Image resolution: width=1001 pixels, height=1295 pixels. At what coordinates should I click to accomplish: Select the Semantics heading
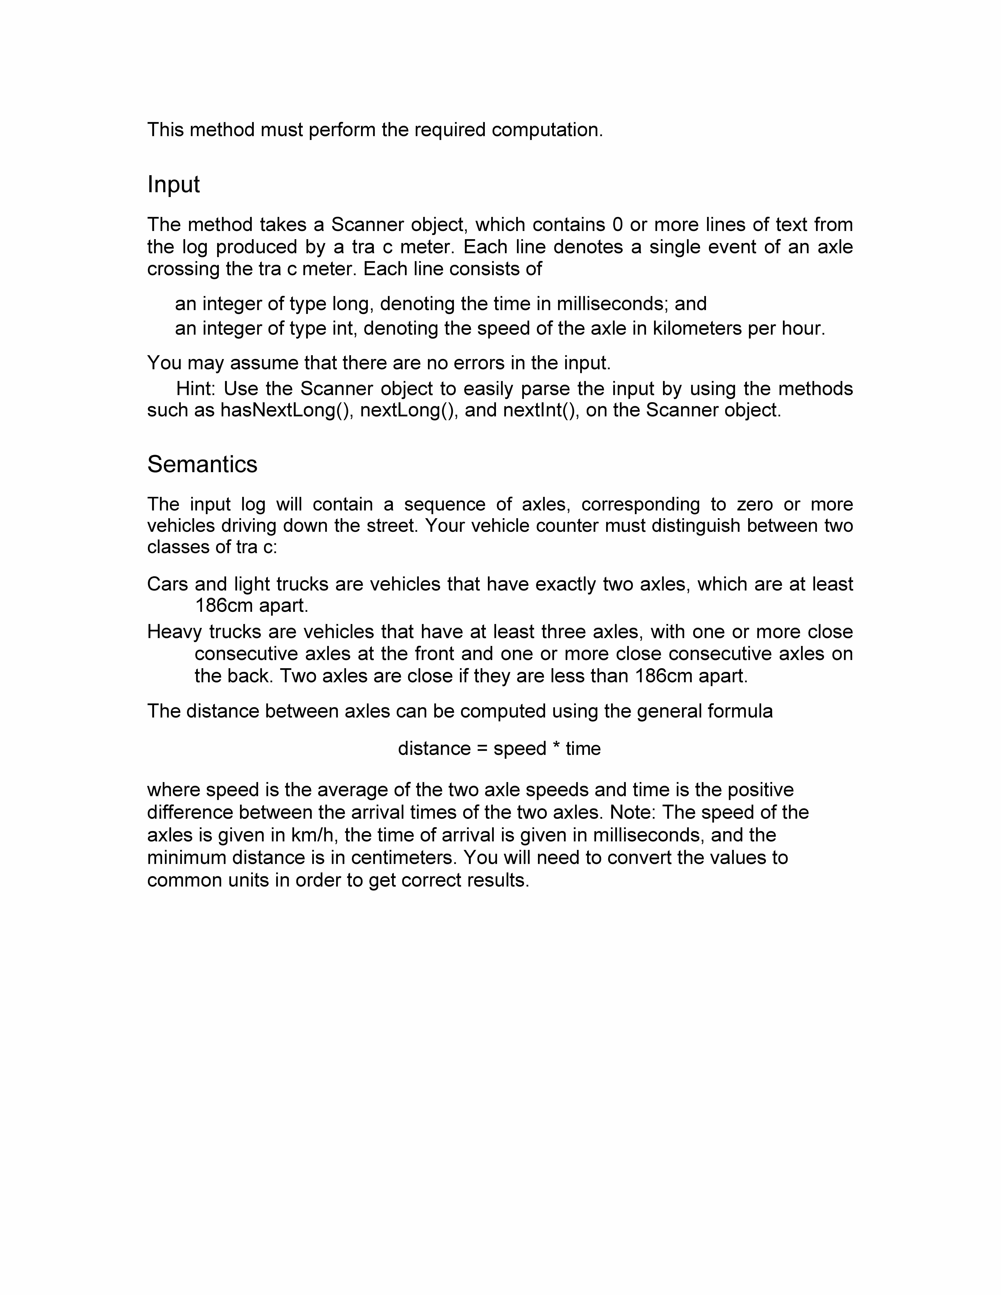click(x=202, y=464)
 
